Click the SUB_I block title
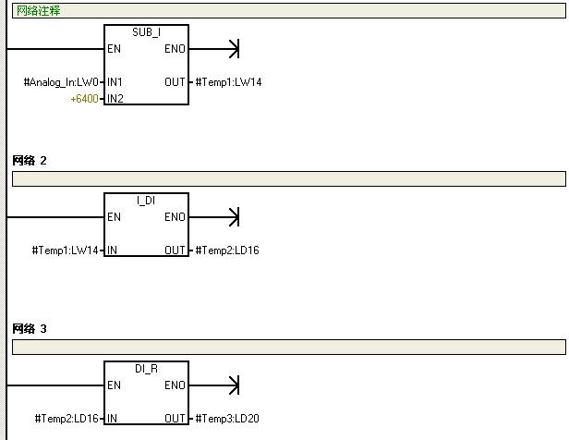[146, 31]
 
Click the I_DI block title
[146, 200]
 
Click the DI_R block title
[146, 368]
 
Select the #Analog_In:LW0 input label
[61, 82]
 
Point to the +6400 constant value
[84, 98]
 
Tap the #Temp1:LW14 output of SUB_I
[228, 82]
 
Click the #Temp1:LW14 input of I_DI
[66, 251]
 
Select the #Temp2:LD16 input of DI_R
[66, 419]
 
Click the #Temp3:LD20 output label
[227, 419]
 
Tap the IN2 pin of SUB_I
[115, 98]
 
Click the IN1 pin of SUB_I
[115, 82]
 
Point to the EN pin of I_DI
[114, 217]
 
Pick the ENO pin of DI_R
[175, 385]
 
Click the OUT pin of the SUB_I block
[175, 82]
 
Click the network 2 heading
[30, 161]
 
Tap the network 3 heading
[30, 329]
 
